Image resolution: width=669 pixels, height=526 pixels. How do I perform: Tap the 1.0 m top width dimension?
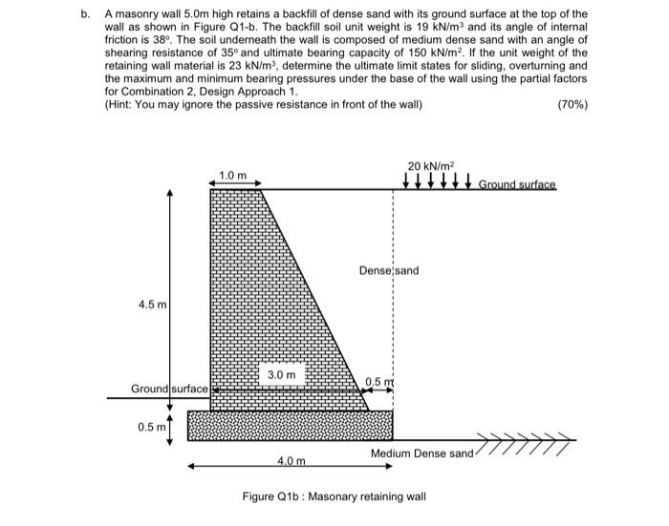point(232,176)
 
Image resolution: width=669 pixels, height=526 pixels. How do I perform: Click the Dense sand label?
point(389,271)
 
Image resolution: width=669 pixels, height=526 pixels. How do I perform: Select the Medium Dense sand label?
point(421,452)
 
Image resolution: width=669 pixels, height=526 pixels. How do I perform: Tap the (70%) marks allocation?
point(572,103)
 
